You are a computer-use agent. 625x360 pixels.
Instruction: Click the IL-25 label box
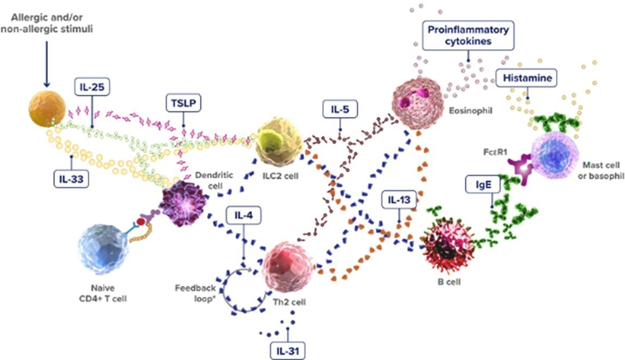pyautogui.click(x=92, y=86)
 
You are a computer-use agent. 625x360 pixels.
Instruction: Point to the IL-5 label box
pyautogui.click(x=340, y=110)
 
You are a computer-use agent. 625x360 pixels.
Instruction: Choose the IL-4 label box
pyautogui.click(x=243, y=216)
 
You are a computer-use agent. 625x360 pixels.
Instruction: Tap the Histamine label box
pyautogui.click(x=527, y=78)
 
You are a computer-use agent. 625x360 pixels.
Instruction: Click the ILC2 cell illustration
pyautogui.click(x=279, y=142)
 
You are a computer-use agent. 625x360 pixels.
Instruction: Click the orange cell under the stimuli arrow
pyautogui.click(x=47, y=108)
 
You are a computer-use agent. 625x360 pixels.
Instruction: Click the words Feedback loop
pyautogui.click(x=197, y=293)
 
